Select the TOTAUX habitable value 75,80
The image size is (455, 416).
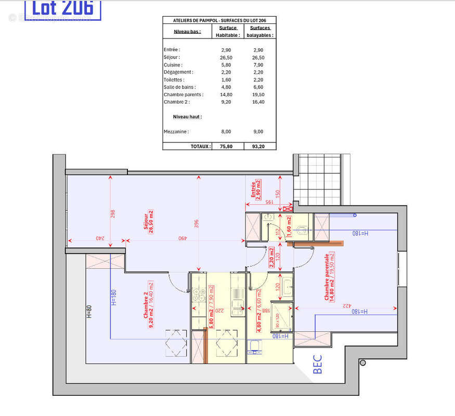(226, 147)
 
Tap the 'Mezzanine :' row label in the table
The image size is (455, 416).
(176, 132)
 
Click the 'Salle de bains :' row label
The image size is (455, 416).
(179, 87)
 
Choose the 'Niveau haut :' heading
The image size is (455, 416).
(187, 117)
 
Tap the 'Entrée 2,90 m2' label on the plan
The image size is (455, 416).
(255, 191)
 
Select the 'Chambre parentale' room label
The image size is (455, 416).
(329, 277)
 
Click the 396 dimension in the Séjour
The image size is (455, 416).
(197, 224)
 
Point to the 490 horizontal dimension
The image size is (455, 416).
(183, 238)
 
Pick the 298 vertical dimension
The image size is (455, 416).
(113, 214)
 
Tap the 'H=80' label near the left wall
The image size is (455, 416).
(89, 311)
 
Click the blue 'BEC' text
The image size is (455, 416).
(318, 364)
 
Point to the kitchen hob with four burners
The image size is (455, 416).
(199, 295)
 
